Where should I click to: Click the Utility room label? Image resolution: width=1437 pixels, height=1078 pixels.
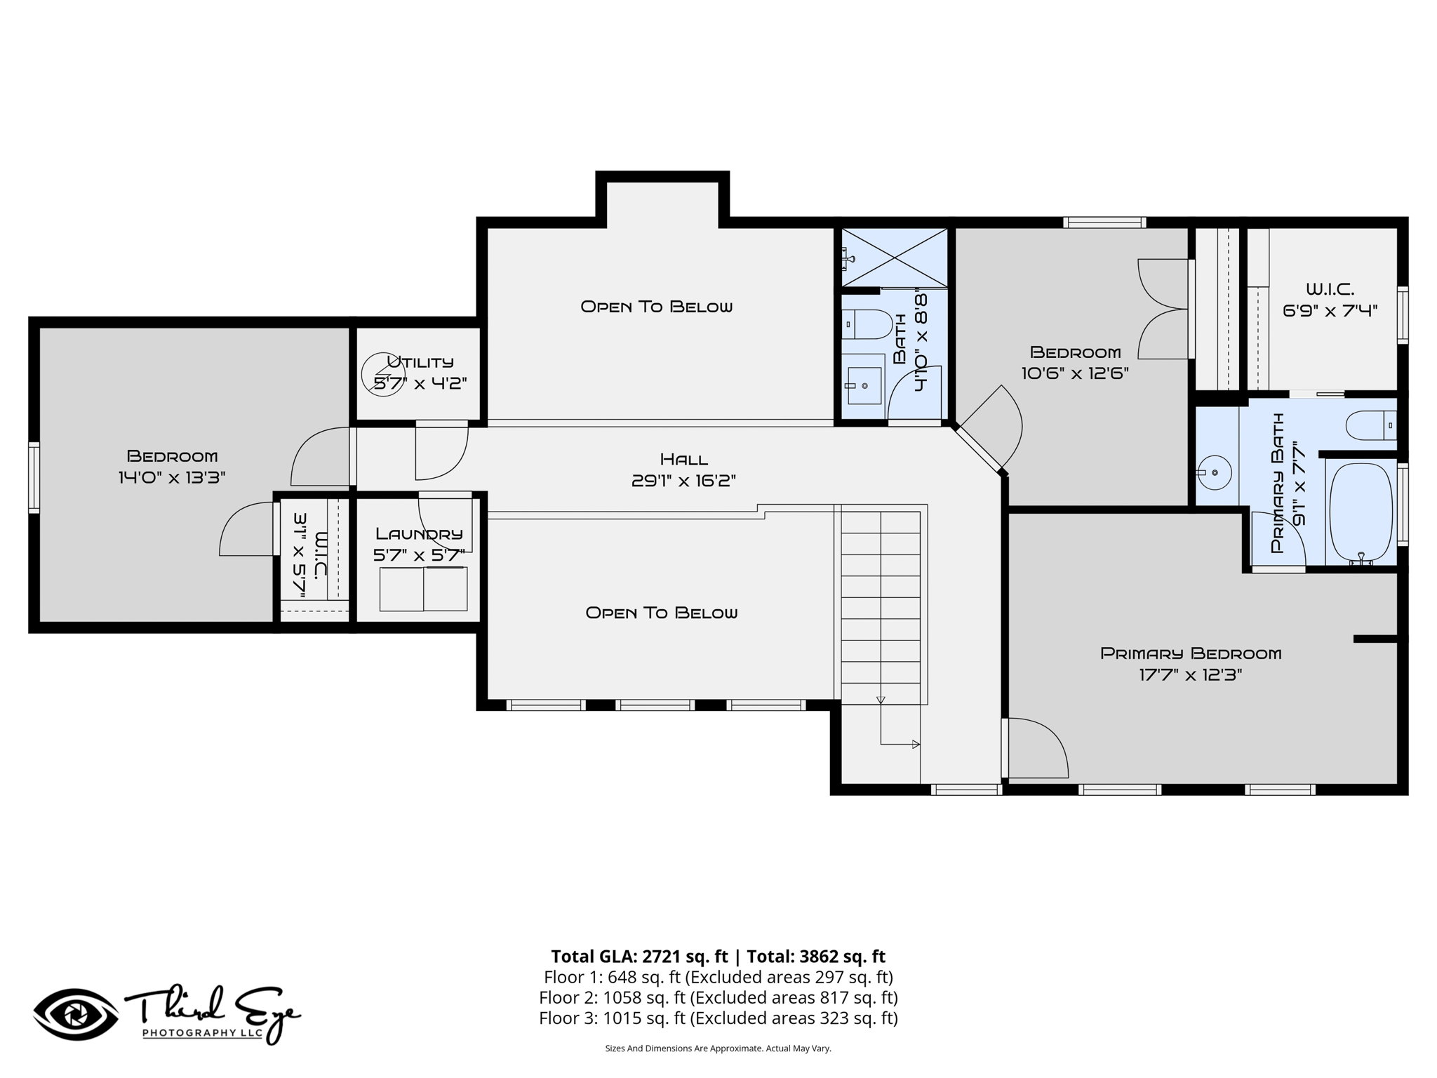(420, 362)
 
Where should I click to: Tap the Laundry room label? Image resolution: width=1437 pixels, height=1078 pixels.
(419, 534)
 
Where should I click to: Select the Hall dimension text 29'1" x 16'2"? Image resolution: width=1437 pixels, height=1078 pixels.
(683, 481)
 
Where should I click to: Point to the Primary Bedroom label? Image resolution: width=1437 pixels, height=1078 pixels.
(1191, 653)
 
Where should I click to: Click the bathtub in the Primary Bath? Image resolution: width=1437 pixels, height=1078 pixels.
(1361, 513)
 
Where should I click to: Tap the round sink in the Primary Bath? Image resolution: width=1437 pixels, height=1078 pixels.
(1215, 472)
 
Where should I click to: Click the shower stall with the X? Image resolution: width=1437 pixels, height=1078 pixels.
(895, 257)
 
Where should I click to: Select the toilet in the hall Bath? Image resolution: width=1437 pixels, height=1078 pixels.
(867, 325)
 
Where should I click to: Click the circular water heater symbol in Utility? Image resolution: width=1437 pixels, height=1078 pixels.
(383, 374)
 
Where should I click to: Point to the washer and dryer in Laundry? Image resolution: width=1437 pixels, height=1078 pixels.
(423, 589)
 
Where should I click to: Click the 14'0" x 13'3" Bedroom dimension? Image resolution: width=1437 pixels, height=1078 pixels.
(172, 478)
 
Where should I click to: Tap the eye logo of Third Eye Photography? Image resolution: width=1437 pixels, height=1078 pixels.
(76, 1014)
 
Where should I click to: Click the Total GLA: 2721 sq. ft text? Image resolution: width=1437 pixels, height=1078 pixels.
(639, 957)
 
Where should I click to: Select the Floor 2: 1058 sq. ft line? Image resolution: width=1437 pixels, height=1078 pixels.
(718, 997)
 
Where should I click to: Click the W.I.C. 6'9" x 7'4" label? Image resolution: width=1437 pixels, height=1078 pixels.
(1330, 300)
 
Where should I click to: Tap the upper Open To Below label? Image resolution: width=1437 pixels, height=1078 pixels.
(657, 307)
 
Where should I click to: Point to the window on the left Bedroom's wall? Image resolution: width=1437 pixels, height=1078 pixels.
(34, 477)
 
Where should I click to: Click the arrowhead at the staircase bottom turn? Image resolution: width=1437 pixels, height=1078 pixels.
(916, 745)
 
